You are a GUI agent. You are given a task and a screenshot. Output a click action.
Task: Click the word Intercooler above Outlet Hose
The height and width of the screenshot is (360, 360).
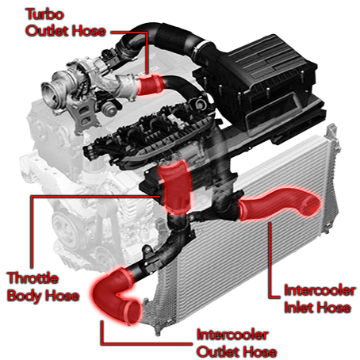click(x=231, y=335)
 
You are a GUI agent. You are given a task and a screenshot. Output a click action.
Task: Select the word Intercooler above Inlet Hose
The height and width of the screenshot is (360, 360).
click(x=319, y=290)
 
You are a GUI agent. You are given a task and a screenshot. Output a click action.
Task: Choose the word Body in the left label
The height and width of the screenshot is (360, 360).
click(x=24, y=297)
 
